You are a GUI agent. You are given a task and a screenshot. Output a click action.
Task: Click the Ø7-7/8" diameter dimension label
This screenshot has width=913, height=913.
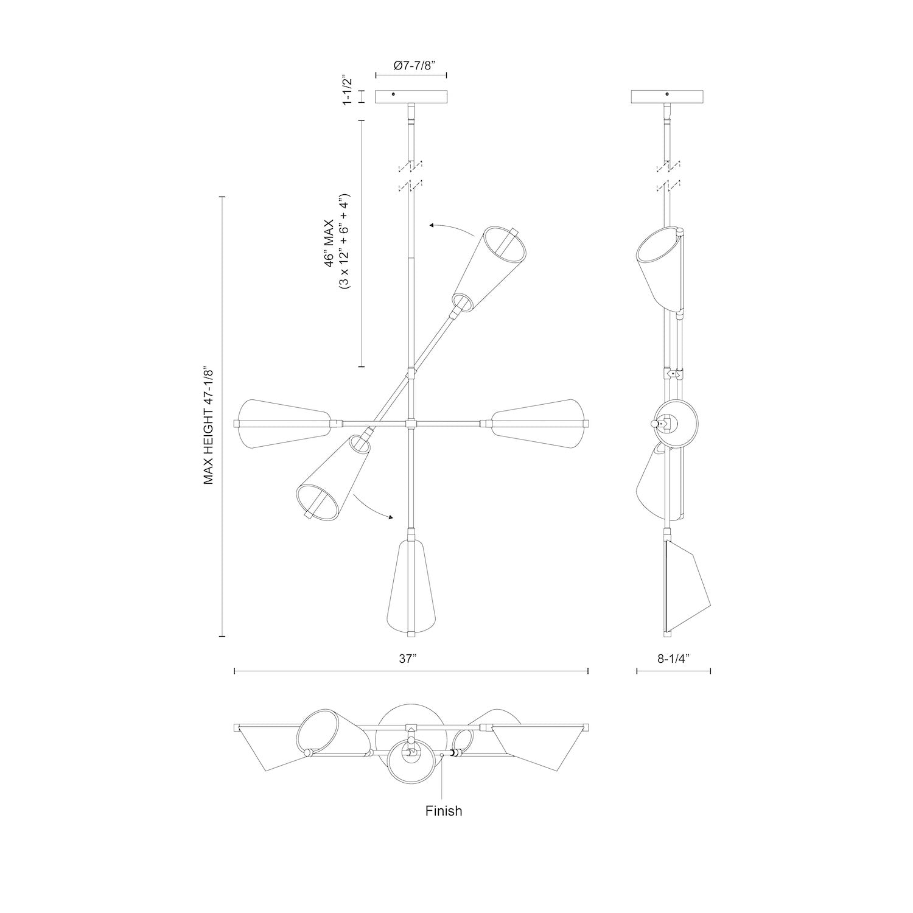411,66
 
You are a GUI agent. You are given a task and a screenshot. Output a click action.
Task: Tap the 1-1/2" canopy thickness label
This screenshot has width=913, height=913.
348,91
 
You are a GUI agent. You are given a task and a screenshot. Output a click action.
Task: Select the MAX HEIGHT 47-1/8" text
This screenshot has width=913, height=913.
209,425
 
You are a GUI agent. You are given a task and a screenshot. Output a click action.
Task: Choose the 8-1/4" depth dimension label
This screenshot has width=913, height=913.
673,658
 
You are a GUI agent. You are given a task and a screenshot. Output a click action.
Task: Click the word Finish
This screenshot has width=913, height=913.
443,811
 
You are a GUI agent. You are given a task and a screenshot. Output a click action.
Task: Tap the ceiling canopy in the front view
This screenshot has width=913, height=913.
411,97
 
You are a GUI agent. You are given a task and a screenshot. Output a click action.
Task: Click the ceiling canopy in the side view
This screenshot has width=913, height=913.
668,97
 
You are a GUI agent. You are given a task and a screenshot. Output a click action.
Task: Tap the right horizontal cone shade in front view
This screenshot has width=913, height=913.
539,424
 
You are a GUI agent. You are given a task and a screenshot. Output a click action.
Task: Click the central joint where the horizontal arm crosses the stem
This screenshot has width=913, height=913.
412,423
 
